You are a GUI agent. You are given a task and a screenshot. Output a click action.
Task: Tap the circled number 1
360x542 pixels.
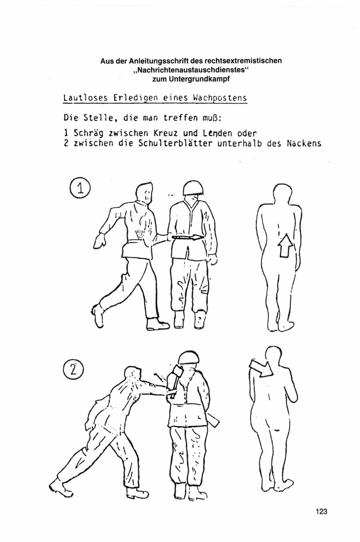(x=80, y=189)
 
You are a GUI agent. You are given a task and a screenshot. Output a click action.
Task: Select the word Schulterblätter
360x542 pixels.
(x=175, y=143)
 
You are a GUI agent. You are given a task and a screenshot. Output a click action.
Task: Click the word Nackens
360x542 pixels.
(x=304, y=143)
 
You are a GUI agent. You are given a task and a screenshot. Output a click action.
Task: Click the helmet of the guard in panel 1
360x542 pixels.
(x=193, y=188)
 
